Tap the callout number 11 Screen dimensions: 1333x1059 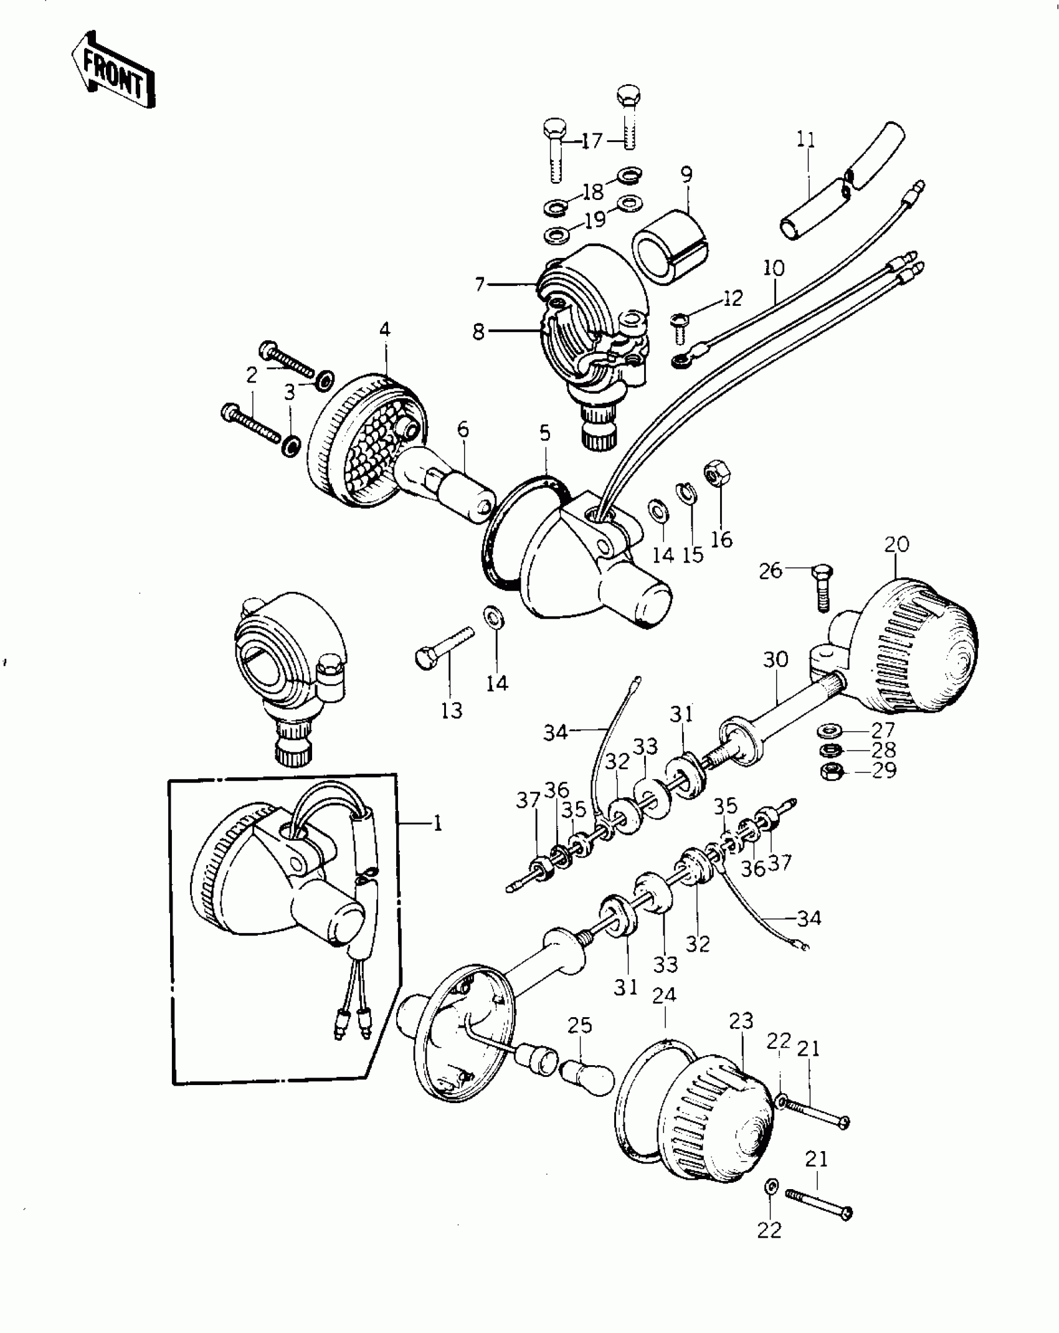[x=805, y=140]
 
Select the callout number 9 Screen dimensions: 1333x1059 [x=686, y=175]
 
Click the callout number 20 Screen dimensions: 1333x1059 [x=896, y=544]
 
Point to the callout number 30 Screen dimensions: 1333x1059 [x=776, y=659]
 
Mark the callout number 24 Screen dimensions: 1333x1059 [x=664, y=995]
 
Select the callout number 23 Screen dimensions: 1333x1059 [x=741, y=1021]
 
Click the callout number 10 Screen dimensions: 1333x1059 [x=773, y=268]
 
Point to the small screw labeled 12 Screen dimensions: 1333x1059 [x=680, y=328]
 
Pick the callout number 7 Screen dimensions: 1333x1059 [x=479, y=285]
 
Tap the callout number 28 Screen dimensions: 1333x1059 [x=883, y=749]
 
